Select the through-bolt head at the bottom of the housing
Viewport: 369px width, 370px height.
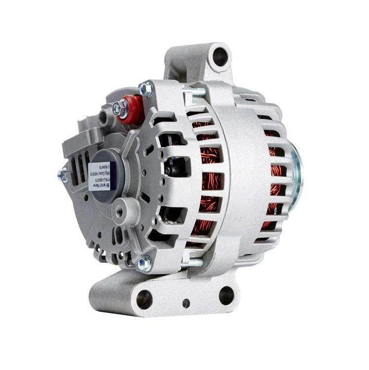click(144, 263)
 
